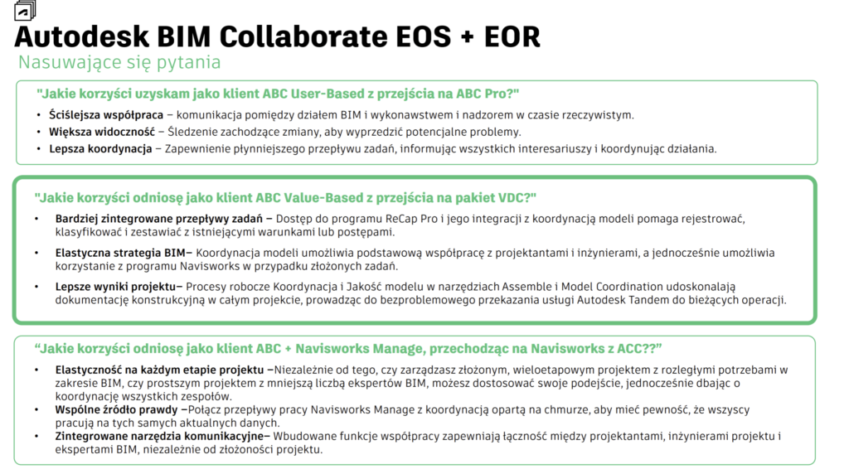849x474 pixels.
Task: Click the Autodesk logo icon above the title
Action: [25, 10]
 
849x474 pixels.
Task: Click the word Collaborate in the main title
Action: [303, 36]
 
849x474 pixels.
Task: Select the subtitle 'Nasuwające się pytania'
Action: [119, 63]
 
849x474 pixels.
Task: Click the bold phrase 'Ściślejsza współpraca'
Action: [106, 115]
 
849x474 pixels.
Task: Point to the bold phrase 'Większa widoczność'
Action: [102, 132]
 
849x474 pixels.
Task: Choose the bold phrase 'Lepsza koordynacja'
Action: [100, 149]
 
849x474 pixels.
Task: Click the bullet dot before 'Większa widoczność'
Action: [38, 132]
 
